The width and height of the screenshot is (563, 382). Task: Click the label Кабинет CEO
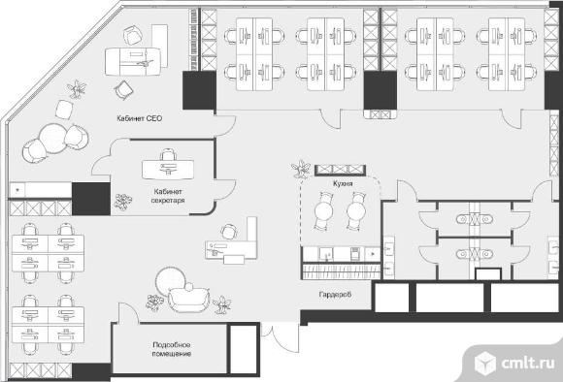click(x=140, y=118)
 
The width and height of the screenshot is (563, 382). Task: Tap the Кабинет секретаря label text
click(x=168, y=196)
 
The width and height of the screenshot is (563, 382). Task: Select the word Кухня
click(x=343, y=183)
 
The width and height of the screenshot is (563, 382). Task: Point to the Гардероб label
click(x=335, y=295)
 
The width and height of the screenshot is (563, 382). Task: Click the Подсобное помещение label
click(x=171, y=349)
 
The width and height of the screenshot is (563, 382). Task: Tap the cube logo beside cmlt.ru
click(x=485, y=363)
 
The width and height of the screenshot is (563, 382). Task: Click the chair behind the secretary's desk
click(x=168, y=154)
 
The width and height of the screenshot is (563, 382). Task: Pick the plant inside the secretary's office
click(x=123, y=202)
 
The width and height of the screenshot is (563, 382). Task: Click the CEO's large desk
click(x=133, y=62)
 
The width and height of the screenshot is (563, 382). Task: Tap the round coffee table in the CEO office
click(x=53, y=138)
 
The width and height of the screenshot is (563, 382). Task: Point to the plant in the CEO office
click(x=77, y=89)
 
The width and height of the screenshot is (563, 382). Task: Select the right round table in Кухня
click(x=356, y=211)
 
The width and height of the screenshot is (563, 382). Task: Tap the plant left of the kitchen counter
click(x=301, y=169)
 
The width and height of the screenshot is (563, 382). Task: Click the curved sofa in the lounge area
click(x=188, y=299)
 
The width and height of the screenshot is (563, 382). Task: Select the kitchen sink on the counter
click(x=326, y=254)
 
